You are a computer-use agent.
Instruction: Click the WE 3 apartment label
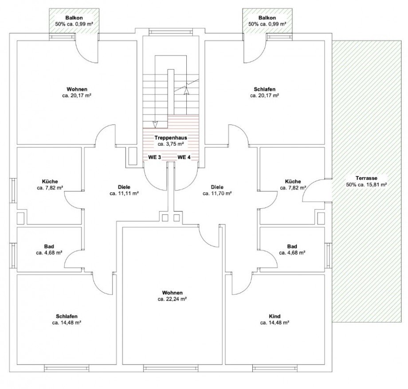click(x=155, y=157)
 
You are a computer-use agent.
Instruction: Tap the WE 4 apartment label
click(x=184, y=157)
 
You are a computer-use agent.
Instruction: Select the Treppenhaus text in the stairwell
click(x=171, y=138)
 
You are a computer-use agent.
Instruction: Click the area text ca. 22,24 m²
click(x=172, y=299)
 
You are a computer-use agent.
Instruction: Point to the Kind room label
click(x=275, y=316)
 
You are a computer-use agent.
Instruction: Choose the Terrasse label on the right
click(x=366, y=178)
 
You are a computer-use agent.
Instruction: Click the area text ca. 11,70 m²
click(x=217, y=193)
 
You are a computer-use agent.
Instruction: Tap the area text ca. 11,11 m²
click(x=124, y=193)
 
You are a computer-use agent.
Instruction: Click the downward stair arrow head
click(x=155, y=125)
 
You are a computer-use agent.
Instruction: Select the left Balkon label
click(x=74, y=18)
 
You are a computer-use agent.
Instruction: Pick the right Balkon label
click(x=267, y=18)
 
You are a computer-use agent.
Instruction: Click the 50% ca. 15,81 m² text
click(x=366, y=185)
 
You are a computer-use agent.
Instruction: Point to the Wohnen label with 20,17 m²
click(x=77, y=89)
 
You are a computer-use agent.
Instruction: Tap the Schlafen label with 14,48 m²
click(x=67, y=316)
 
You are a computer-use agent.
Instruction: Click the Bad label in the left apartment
click(x=49, y=246)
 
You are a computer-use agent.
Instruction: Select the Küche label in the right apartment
click(x=293, y=181)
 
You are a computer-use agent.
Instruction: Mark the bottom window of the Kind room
click(x=275, y=369)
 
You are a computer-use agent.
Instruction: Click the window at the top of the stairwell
click(x=171, y=32)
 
